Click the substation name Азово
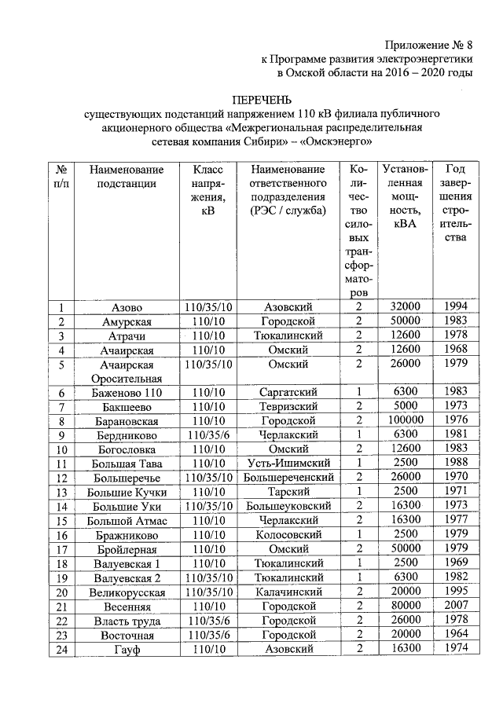[127, 307]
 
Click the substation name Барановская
[127, 421]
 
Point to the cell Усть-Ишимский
[288, 464]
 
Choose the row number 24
[61, 649]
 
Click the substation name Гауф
[127, 649]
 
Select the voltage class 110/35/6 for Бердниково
[207, 435]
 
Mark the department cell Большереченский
[288, 478]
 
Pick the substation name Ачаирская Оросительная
[127, 372]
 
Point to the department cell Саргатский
[288, 392]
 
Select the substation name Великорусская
[127, 592]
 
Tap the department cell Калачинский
[288, 592]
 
